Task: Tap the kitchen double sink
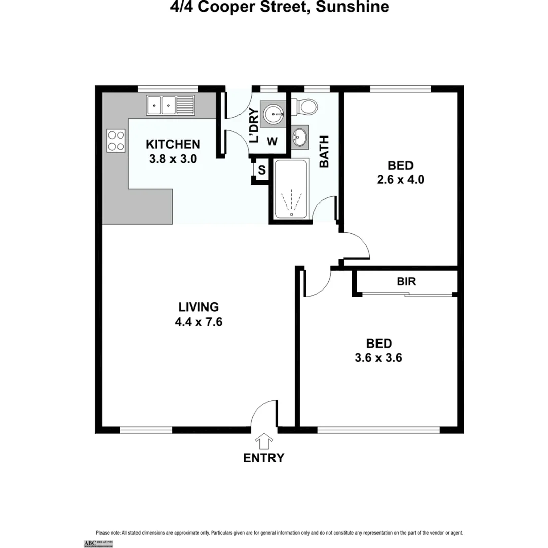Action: [170, 106]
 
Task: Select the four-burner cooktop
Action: [116, 141]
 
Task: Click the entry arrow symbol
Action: [264, 440]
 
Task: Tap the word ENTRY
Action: [264, 458]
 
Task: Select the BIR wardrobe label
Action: [406, 281]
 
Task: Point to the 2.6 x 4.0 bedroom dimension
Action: [400, 179]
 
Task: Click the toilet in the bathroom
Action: [307, 105]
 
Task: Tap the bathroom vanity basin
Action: [300, 136]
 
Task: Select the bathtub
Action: [291, 189]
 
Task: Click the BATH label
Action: [324, 152]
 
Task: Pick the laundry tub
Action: [274, 114]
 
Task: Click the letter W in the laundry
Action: [272, 142]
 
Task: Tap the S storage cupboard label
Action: [262, 170]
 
